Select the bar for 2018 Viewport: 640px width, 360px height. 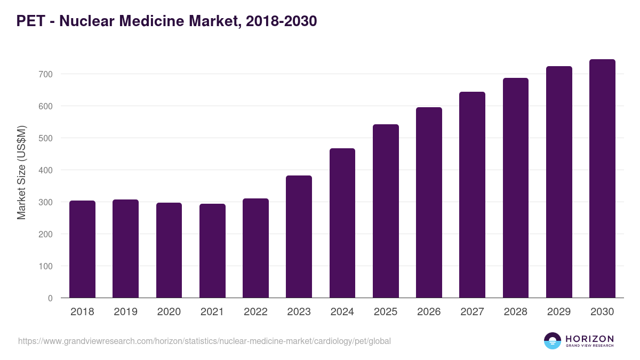click(x=83, y=249)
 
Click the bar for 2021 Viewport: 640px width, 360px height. click(x=212, y=251)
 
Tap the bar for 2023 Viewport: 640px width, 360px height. click(x=299, y=237)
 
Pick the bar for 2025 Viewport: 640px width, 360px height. click(x=386, y=211)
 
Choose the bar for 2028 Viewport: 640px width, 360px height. click(x=516, y=188)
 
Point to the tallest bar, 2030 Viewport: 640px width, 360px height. click(x=602, y=179)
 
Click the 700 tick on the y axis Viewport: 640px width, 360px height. click(x=46, y=74)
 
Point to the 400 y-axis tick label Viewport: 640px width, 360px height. click(x=46, y=170)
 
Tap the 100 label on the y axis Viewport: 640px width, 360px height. click(x=46, y=266)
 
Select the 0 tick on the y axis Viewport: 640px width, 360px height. click(x=50, y=298)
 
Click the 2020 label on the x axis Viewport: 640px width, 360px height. click(x=169, y=312)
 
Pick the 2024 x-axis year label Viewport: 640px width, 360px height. click(x=342, y=312)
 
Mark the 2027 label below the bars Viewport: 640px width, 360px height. click(x=472, y=312)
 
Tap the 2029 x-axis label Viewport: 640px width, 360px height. click(x=559, y=312)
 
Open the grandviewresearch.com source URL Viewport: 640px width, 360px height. click(x=204, y=341)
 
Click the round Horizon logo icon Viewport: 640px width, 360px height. click(x=553, y=341)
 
